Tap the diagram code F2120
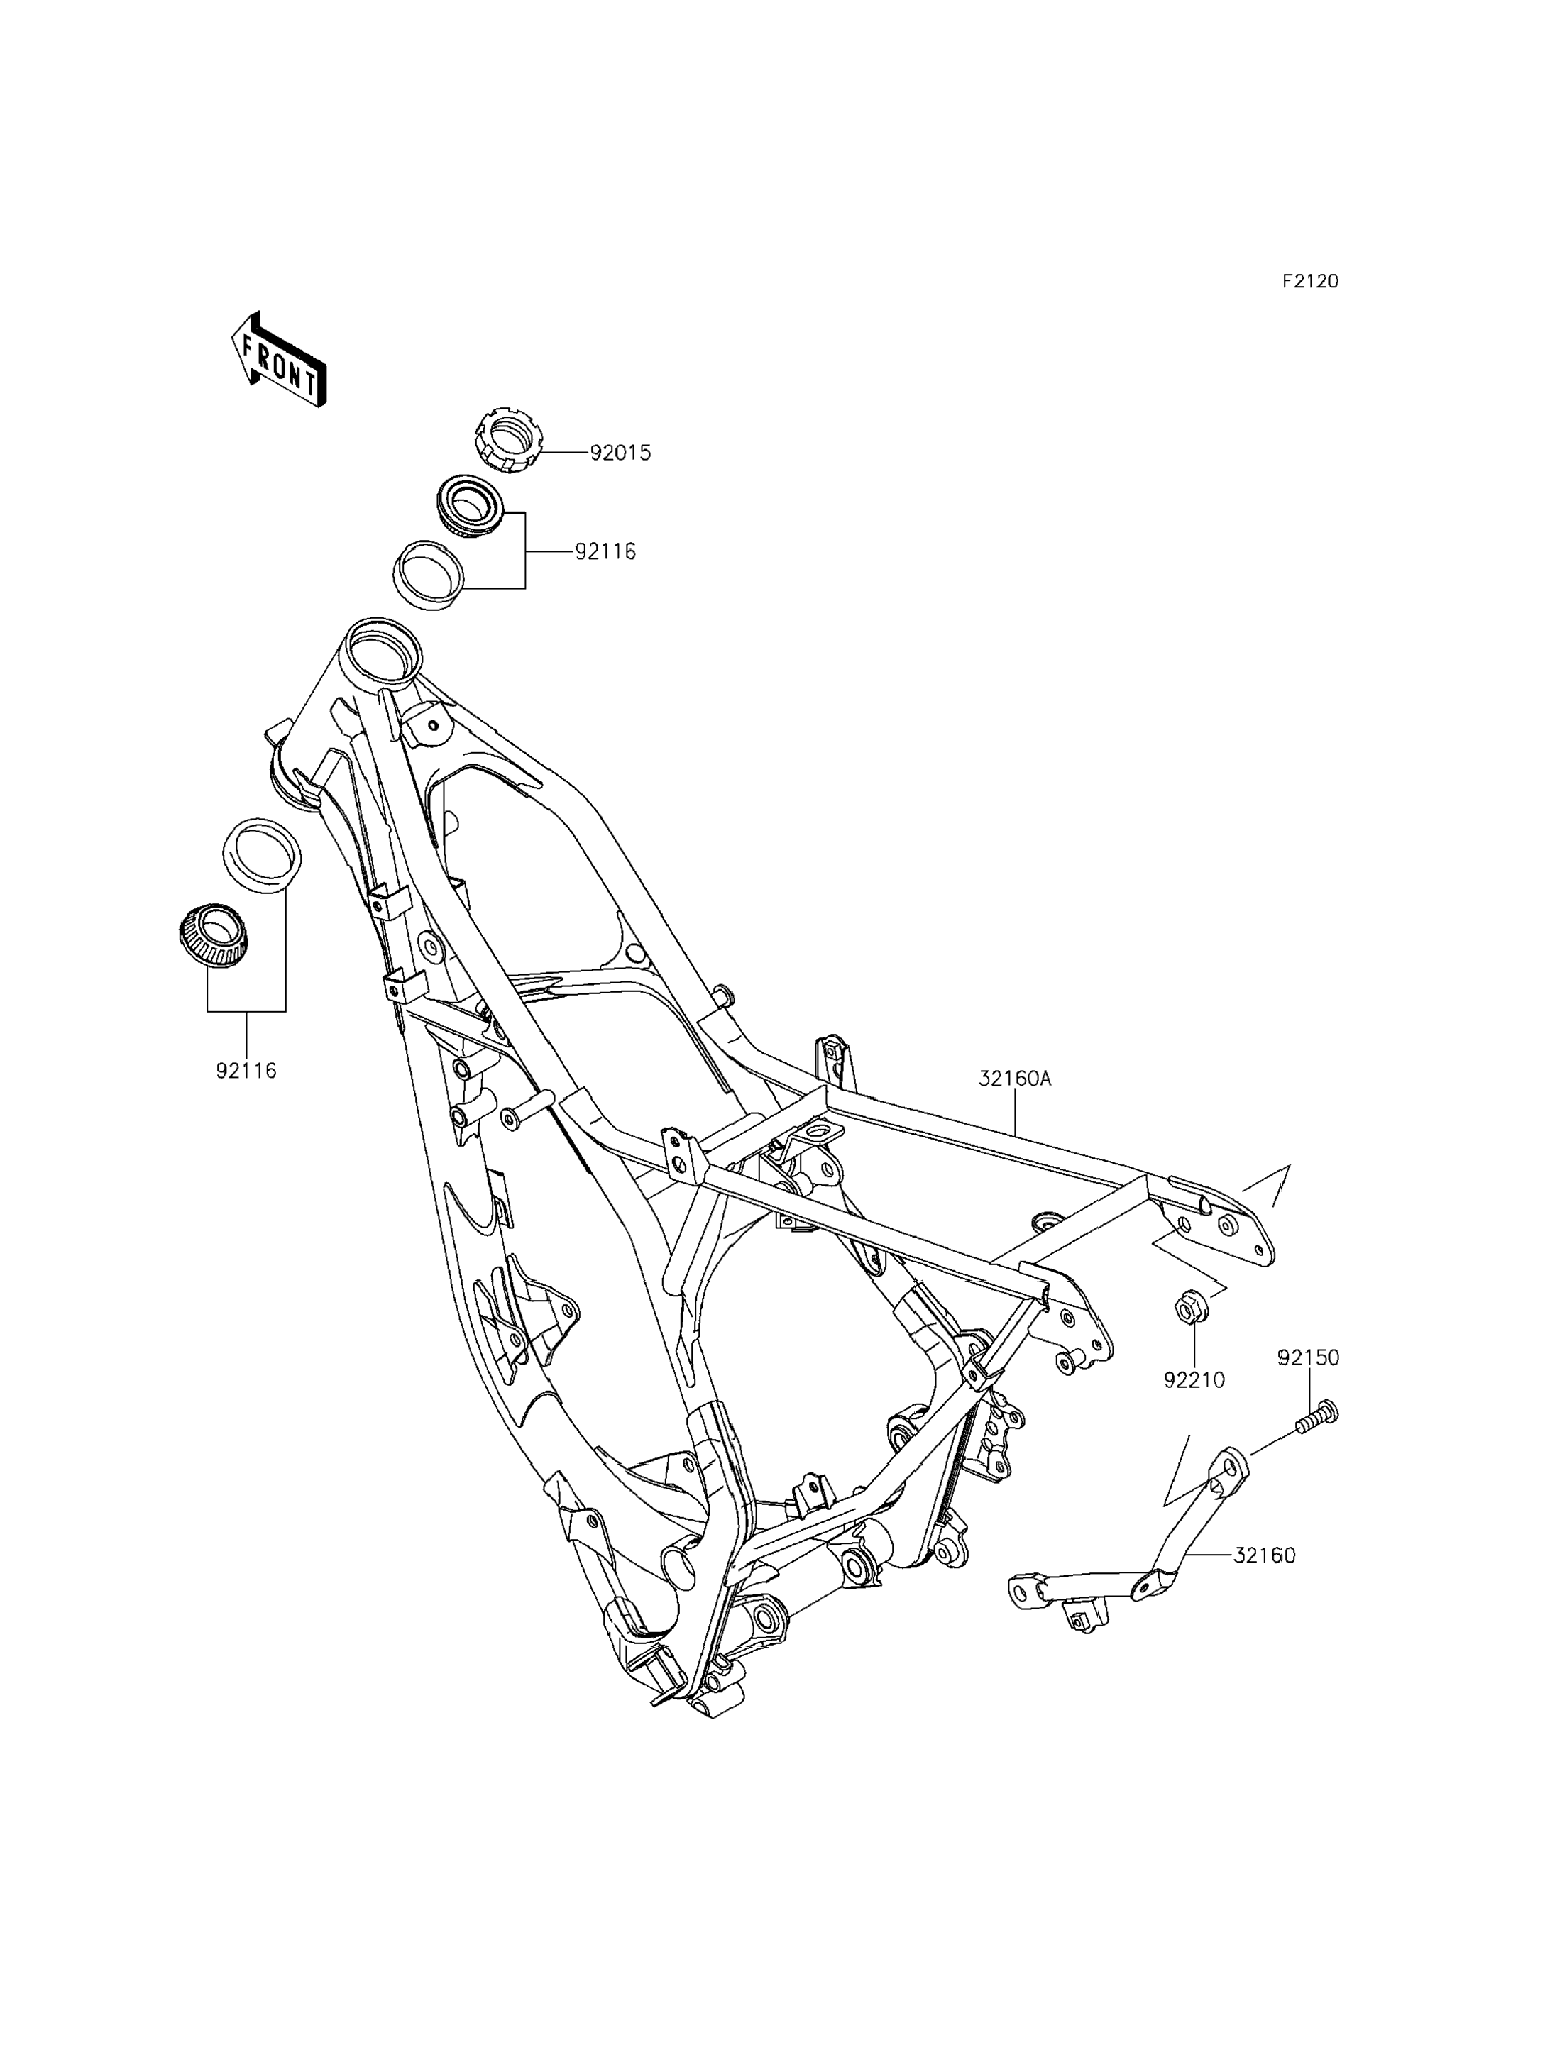tap(1309, 281)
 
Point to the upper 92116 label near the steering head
tap(605, 552)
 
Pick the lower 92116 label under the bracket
tap(246, 1071)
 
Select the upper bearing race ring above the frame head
tap(429, 575)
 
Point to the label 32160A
tap(1015, 1079)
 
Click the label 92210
tap(1194, 1379)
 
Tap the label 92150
tap(1308, 1358)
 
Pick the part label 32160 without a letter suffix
tap(1265, 1555)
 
